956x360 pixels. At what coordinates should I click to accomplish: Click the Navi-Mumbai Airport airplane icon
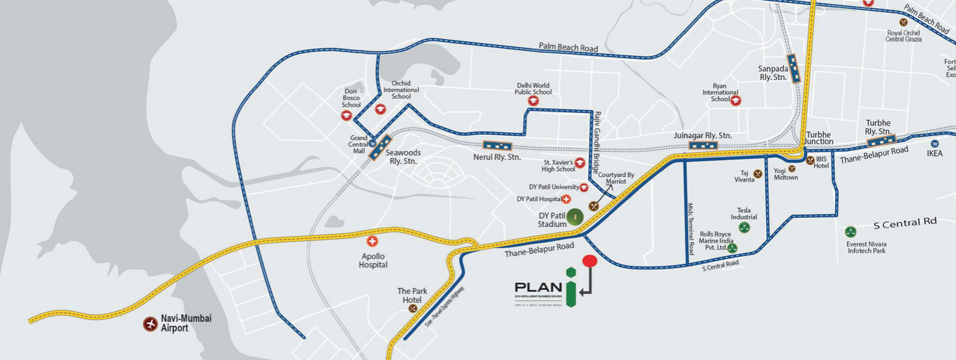pyautogui.click(x=150, y=323)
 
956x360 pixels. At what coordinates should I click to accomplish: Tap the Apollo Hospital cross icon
pyautogui.click(x=372, y=241)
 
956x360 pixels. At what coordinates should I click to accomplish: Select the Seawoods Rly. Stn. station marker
pyautogui.click(x=379, y=148)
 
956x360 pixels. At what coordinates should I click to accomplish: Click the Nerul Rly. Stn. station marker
pyautogui.click(x=497, y=146)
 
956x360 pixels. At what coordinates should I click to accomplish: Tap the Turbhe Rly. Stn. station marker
pyautogui.click(x=882, y=142)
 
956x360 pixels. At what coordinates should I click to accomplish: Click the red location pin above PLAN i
pyautogui.click(x=589, y=261)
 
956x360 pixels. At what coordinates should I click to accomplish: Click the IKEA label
pyautogui.click(x=934, y=153)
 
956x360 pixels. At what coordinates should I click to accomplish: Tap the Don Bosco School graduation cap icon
pyautogui.click(x=346, y=115)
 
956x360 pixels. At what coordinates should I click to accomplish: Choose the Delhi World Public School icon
pyautogui.click(x=533, y=101)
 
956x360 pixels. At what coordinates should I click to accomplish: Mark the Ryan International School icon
pyautogui.click(x=736, y=100)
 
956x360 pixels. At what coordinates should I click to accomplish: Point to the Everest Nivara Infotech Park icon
pyautogui.click(x=850, y=232)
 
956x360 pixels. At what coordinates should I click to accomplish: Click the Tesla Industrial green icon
pyautogui.click(x=744, y=228)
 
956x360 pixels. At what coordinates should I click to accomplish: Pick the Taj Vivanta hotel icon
pyautogui.click(x=757, y=173)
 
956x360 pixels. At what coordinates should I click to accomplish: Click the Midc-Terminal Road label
pyautogui.click(x=691, y=229)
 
